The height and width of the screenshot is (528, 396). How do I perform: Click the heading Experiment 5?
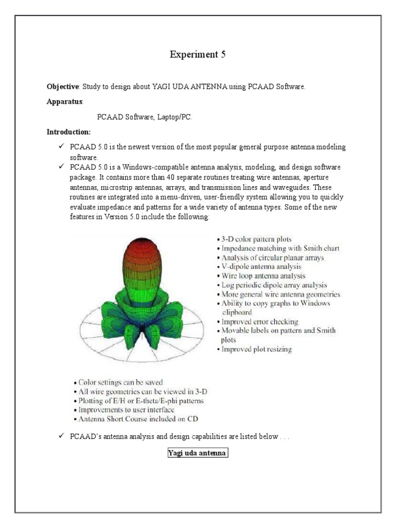tap(198, 55)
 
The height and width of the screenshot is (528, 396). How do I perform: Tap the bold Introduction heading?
tap(69, 132)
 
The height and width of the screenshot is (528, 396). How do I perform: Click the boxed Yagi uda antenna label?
tap(197, 453)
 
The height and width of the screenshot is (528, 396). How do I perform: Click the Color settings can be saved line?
tap(119, 382)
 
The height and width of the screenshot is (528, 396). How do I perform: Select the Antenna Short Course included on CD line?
tap(136, 419)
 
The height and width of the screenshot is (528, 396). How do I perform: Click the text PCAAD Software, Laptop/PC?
tap(144, 117)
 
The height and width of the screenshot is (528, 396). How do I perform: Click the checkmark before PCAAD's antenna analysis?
tap(61, 437)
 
